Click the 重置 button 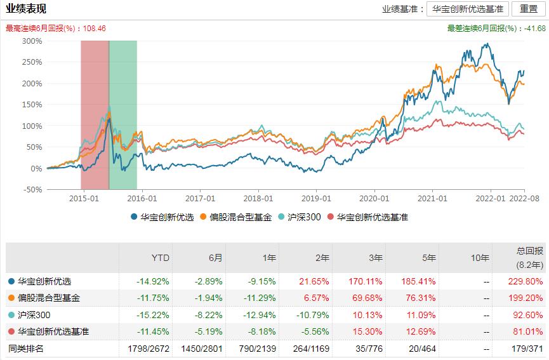[x=528, y=9]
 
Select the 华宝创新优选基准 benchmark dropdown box [x=468, y=9]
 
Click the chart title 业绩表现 [x=26, y=9]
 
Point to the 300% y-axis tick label [x=32, y=41]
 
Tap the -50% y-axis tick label [x=32, y=190]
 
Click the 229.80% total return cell [x=526, y=281]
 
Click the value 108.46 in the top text [x=95, y=29]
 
